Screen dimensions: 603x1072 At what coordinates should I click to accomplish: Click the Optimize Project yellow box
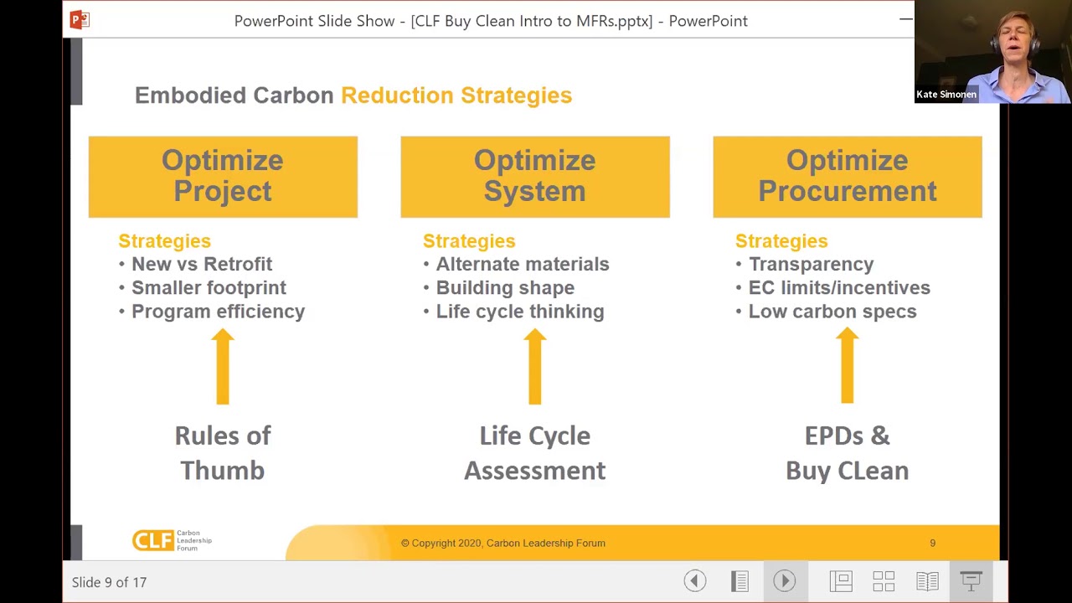pyautogui.click(x=223, y=177)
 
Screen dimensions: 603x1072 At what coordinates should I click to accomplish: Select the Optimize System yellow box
pyautogui.click(x=534, y=177)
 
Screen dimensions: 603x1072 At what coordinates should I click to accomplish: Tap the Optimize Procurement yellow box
pyautogui.click(x=847, y=177)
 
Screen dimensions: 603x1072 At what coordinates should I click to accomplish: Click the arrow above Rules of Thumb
pyautogui.click(x=223, y=366)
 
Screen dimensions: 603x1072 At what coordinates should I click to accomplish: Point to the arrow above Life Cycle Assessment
pyautogui.click(x=534, y=366)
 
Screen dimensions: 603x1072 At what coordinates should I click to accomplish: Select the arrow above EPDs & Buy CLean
pyautogui.click(x=847, y=366)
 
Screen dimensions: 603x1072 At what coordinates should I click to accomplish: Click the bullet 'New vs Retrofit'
pyautogui.click(x=201, y=265)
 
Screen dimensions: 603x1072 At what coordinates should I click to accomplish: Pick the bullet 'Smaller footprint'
pyautogui.click(x=209, y=288)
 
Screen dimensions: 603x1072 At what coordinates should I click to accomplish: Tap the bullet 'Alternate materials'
pyautogui.click(x=522, y=265)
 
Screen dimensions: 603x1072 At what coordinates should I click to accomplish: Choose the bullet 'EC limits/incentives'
pyautogui.click(x=838, y=288)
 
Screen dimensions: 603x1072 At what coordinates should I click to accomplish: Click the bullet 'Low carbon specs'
pyautogui.click(x=832, y=312)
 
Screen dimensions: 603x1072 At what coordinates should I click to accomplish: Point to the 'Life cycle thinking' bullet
pyautogui.click(x=519, y=312)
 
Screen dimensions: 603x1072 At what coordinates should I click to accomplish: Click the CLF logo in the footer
pyautogui.click(x=172, y=541)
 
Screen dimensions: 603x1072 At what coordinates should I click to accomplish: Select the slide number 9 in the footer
pyautogui.click(x=932, y=544)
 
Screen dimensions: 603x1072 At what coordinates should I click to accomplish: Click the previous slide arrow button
pyautogui.click(x=694, y=581)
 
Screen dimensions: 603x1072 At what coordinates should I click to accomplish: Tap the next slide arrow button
pyautogui.click(x=784, y=581)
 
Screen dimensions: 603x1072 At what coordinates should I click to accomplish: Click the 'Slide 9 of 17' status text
pyautogui.click(x=109, y=582)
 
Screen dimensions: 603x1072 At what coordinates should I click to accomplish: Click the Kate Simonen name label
pyautogui.click(x=946, y=95)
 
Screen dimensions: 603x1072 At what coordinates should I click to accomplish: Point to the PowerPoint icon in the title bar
pyautogui.click(x=80, y=20)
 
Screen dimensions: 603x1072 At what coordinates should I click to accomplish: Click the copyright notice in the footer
pyautogui.click(x=502, y=544)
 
